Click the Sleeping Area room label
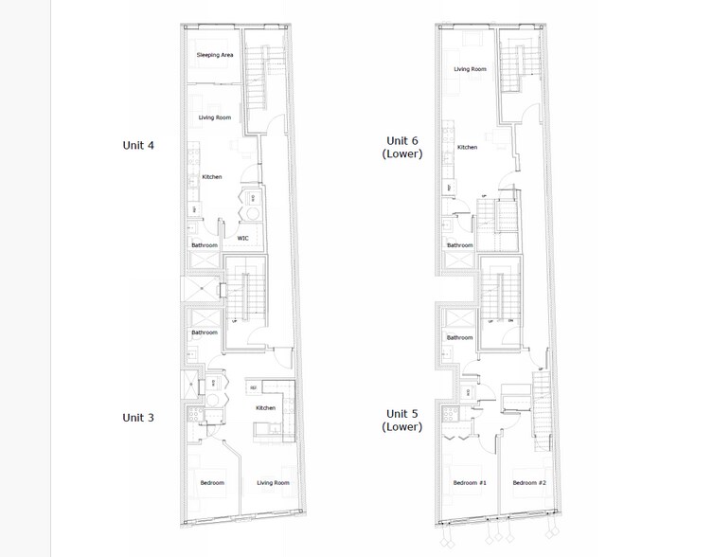click(x=214, y=55)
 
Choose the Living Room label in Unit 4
click(x=214, y=117)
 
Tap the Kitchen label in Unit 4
click(x=212, y=177)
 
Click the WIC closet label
click(x=243, y=238)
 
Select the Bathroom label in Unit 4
click(x=205, y=245)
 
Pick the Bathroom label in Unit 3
click(x=205, y=332)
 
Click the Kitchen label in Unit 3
click(x=265, y=408)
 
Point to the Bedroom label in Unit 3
click(x=212, y=483)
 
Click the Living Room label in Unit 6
click(x=470, y=69)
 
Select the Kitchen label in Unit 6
click(x=467, y=148)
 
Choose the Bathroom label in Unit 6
click(x=460, y=245)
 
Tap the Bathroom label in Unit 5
click(x=460, y=337)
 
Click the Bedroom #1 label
click(x=470, y=483)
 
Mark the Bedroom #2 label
click(x=528, y=483)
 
